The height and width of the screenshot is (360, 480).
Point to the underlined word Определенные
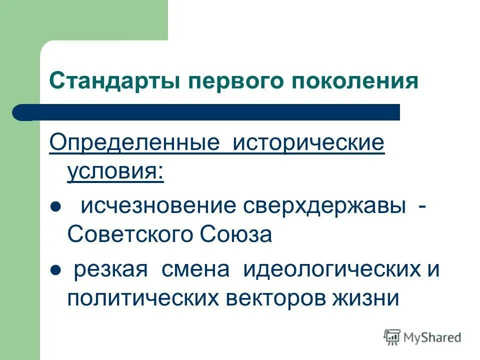134,143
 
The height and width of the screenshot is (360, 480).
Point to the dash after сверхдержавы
423,206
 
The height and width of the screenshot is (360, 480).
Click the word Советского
131,234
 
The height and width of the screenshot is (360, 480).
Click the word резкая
111,270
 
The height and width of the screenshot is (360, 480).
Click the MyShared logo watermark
422,337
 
